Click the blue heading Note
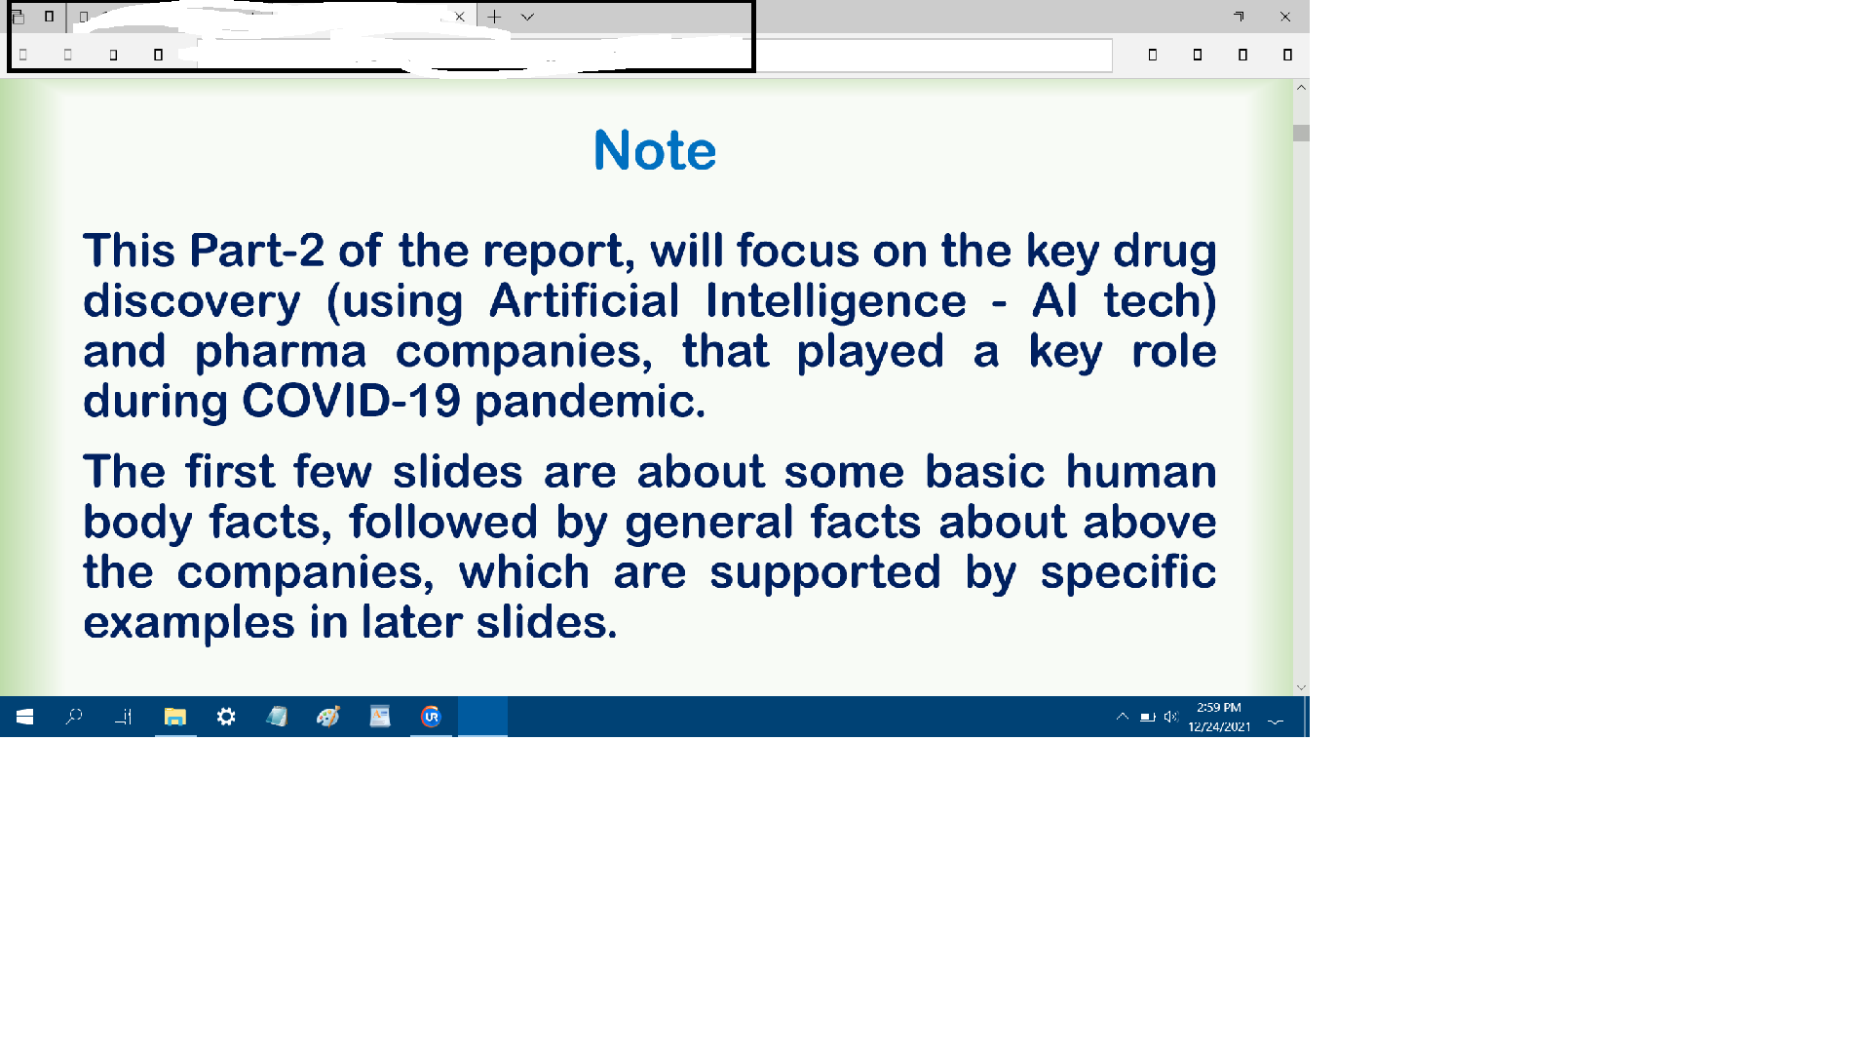[x=655, y=151]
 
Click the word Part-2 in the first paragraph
[x=256, y=251]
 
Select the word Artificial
[x=584, y=300]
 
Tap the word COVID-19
[x=351, y=401]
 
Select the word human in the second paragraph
[x=1140, y=472]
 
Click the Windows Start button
[x=25, y=717]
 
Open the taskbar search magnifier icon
[x=74, y=717]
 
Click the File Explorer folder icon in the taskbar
[x=175, y=717]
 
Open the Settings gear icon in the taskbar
[x=226, y=717]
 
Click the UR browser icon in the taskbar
[x=431, y=717]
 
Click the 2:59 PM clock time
[x=1219, y=708]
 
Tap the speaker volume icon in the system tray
[x=1170, y=717]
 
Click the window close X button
[x=1285, y=17]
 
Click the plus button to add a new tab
[x=494, y=17]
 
